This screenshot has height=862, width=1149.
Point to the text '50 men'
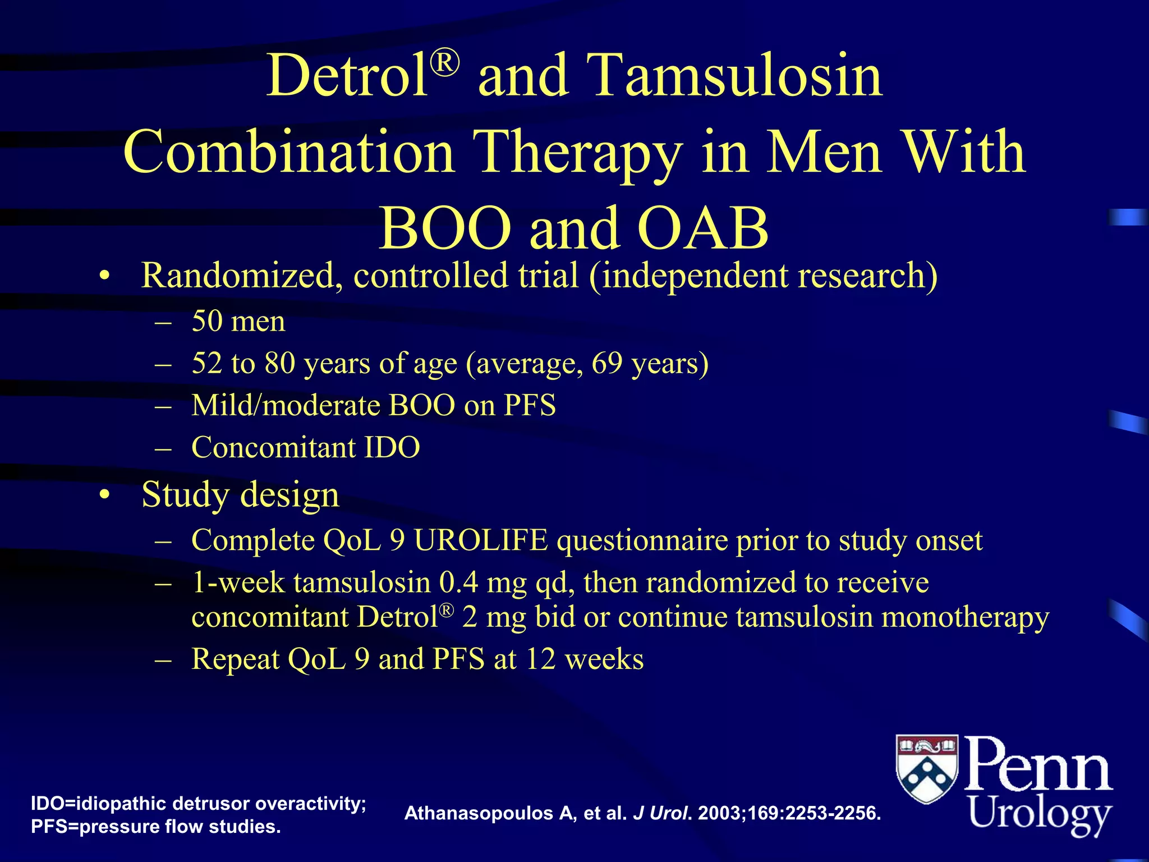238,322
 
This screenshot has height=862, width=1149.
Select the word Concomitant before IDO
273,448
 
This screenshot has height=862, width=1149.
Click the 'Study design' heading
240,495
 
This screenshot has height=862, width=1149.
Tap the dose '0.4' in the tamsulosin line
458,583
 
